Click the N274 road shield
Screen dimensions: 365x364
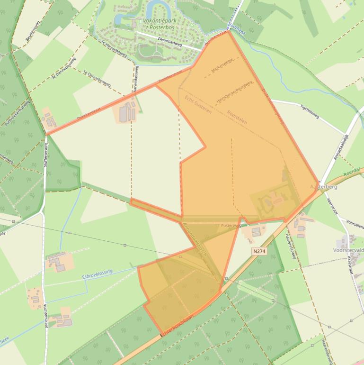click(259, 251)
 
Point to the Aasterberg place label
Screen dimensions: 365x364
click(324, 187)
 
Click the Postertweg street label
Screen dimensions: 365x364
click(231, 226)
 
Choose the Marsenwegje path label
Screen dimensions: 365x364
click(222, 71)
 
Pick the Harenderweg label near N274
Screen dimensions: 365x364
click(291, 247)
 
